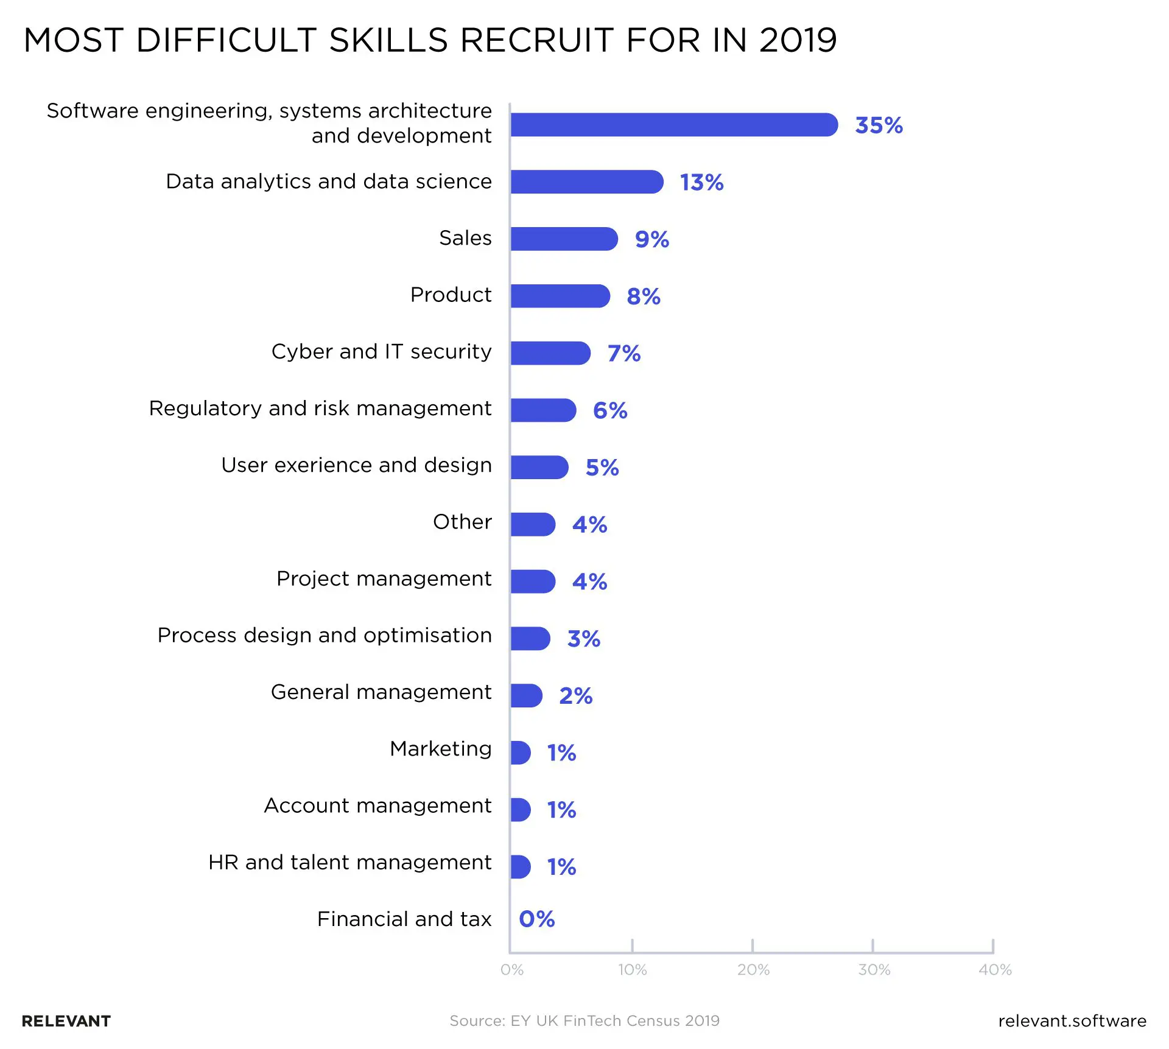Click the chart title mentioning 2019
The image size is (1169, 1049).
(x=430, y=41)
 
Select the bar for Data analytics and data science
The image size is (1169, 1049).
(x=586, y=182)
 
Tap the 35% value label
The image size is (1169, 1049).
(x=878, y=125)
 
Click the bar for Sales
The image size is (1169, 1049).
(x=563, y=239)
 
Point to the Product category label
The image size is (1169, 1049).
(x=451, y=295)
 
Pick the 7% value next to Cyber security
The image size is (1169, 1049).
(x=623, y=353)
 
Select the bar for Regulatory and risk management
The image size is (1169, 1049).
(x=542, y=410)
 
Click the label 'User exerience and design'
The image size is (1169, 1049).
(x=356, y=465)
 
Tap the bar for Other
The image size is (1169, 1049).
(x=532, y=524)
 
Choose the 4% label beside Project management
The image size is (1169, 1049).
(x=589, y=581)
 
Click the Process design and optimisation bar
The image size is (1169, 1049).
(x=530, y=639)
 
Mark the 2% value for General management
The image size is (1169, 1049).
(x=575, y=695)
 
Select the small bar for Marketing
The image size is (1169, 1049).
(x=520, y=753)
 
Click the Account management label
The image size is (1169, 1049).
(x=377, y=805)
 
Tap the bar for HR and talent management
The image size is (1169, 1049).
(x=520, y=866)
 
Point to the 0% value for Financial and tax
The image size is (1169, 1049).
(x=536, y=919)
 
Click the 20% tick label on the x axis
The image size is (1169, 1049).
(x=753, y=970)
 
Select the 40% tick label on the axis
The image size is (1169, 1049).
(x=995, y=970)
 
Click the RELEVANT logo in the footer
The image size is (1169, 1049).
(x=66, y=1021)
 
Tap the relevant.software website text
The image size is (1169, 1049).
(x=1072, y=1021)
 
